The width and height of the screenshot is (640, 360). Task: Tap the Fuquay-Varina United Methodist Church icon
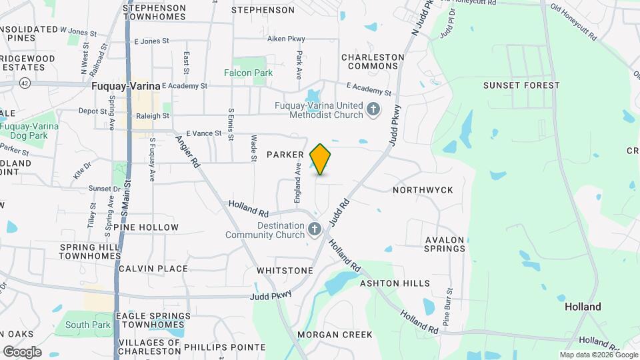tap(374, 109)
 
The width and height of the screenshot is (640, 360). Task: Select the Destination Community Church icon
tap(315, 229)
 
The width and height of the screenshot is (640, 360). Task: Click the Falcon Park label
tap(249, 73)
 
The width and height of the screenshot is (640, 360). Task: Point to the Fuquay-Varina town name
tap(125, 86)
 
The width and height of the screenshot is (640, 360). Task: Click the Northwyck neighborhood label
tap(423, 190)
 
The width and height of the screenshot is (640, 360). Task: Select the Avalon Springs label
tap(445, 244)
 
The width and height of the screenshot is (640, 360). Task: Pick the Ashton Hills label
tap(395, 283)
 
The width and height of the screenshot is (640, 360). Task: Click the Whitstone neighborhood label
tap(285, 271)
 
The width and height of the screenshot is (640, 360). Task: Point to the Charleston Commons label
tap(373, 62)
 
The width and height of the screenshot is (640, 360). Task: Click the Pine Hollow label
tap(146, 227)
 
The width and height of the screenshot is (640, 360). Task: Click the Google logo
tap(21, 351)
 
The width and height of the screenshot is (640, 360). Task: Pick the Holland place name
tap(583, 307)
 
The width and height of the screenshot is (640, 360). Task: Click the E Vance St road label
tap(203, 133)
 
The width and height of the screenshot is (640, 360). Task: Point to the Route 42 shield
tap(25, 83)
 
